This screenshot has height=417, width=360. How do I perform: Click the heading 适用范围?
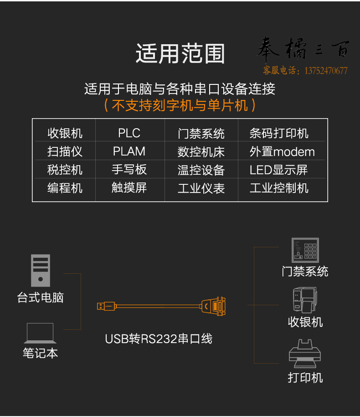pos(180,53)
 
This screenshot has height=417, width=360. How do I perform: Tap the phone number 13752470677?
pos(326,71)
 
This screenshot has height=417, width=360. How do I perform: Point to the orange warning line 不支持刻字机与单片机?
pos(180,105)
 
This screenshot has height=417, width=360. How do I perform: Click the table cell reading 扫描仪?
pos(65,151)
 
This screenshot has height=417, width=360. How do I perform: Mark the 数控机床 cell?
pos(201,151)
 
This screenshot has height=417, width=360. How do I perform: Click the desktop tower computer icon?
pos(41,271)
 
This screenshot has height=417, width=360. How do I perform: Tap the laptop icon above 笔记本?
pos(40,333)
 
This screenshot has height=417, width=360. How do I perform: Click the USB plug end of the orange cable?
pos(106,307)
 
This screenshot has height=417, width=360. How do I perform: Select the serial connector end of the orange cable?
pos(213,307)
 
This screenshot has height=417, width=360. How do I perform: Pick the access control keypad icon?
pos(305,250)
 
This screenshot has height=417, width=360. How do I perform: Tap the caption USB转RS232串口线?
pos(159,339)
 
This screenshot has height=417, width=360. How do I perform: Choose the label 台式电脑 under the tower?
pos(41,297)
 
